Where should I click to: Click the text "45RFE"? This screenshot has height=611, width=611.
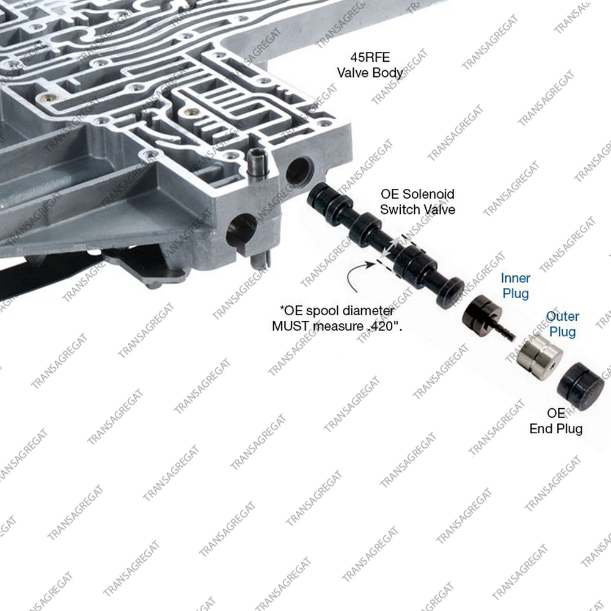[x=370, y=57]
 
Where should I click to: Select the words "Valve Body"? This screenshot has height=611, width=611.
[x=370, y=73]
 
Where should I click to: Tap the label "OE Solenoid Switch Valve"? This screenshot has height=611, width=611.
[x=417, y=202]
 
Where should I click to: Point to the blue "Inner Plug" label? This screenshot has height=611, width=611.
[x=515, y=285]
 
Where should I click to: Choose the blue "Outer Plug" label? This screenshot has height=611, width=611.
[x=562, y=324]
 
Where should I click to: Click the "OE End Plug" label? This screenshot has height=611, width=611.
[x=556, y=421]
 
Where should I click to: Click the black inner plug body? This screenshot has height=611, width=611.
[x=481, y=313]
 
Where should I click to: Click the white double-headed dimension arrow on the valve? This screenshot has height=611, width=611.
[x=391, y=247]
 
